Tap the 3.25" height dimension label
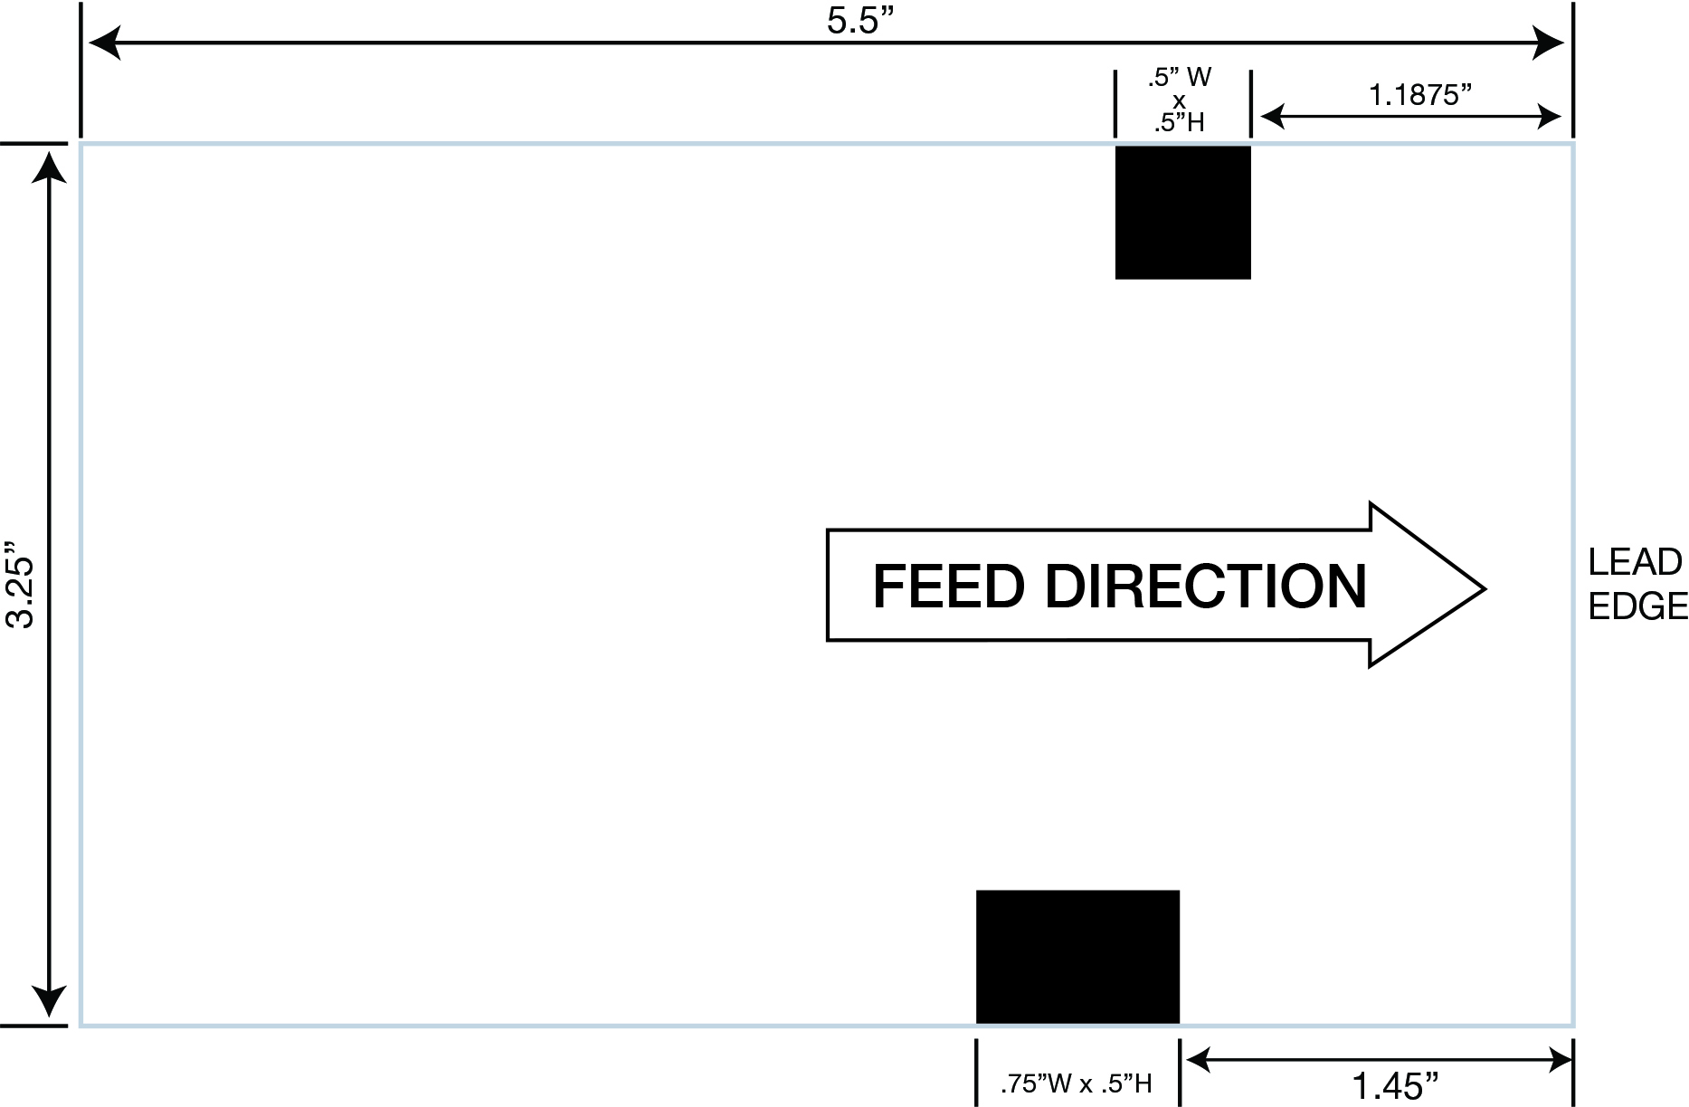(x=20, y=586)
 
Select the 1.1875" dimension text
(x=1419, y=94)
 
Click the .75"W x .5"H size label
(x=1076, y=1083)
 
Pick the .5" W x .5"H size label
(x=1180, y=100)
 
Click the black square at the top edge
(x=1182, y=212)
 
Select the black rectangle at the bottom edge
(x=1077, y=957)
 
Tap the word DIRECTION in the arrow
(x=1205, y=587)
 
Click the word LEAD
(x=1635, y=563)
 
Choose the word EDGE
(x=1637, y=606)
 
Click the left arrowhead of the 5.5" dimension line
(x=103, y=43)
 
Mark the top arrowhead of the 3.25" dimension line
(x=48, y=168)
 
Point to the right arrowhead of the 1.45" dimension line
(x=1561, y=1058)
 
